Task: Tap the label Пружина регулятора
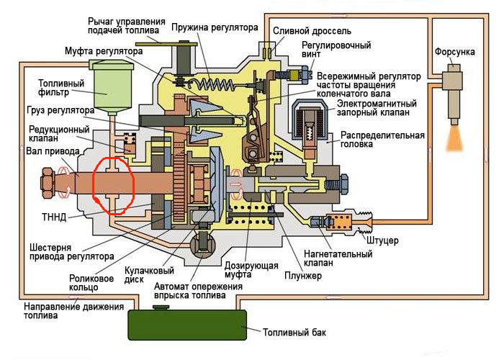point(214,27)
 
